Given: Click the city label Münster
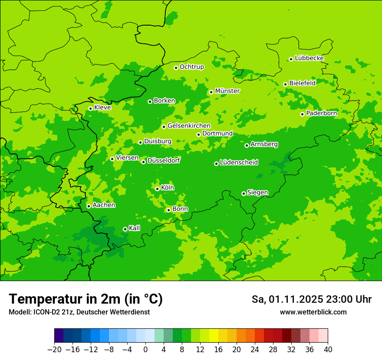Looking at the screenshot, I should [x=227, y=91].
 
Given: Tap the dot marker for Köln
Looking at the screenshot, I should [x=157, y=189].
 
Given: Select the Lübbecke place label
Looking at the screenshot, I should [x=309, y=58].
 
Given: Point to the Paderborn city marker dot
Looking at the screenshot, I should [x=302, y=114].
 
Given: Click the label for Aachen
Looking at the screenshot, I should [x=104, y=205].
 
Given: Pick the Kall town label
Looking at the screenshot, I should [x=134, y=228].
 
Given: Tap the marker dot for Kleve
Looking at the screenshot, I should [x=90, y=108].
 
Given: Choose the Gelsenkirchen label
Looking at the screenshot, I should [x=189, y=126].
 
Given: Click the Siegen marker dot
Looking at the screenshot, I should [x=244, y=193].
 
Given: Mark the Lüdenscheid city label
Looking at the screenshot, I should [x=239, y=163].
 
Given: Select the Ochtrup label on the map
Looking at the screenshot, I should [x=191, y=67].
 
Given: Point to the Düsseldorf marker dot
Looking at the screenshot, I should [x=143, y=162].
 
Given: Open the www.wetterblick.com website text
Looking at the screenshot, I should [x=313, y=312].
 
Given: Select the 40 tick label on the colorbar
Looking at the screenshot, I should [x=328, y=350].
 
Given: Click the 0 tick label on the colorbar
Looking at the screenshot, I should [x=145, y=350].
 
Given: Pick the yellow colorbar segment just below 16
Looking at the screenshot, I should [x=214, y=336].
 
